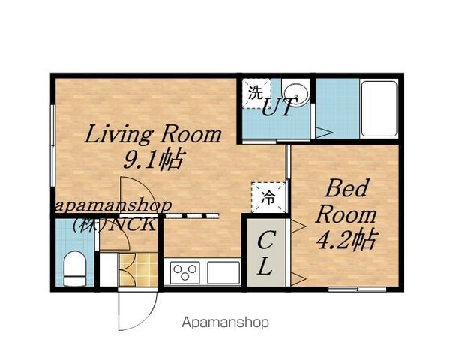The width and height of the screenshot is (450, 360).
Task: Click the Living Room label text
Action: [x=153, y=134]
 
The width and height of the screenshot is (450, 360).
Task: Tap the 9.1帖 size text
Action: [x=153, y=160]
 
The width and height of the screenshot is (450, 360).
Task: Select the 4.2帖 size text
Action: [x=346, y=240]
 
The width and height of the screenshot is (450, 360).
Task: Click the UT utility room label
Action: [x=277, y=106]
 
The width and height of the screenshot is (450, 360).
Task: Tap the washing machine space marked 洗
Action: [x=256, y=93]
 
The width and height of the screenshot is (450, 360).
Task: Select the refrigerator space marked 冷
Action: [x=268, y=197]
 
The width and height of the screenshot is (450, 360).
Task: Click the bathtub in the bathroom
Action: [x=379, y=109]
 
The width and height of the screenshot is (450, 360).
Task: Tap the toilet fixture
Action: [x=74, y=268]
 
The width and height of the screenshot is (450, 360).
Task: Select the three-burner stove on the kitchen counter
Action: [x=184, y=272]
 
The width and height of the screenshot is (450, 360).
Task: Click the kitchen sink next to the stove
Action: [x=223, y=272]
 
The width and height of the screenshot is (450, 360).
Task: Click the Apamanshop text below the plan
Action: [x=225, y=322]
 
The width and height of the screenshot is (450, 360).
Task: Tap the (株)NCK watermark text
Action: [x=114, y=224]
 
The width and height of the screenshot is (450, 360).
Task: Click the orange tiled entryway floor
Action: [x=139, y=269]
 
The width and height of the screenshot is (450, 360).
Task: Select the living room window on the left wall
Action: [x=52, y=145]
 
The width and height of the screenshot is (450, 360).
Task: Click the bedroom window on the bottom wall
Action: [x=357, y=289]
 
